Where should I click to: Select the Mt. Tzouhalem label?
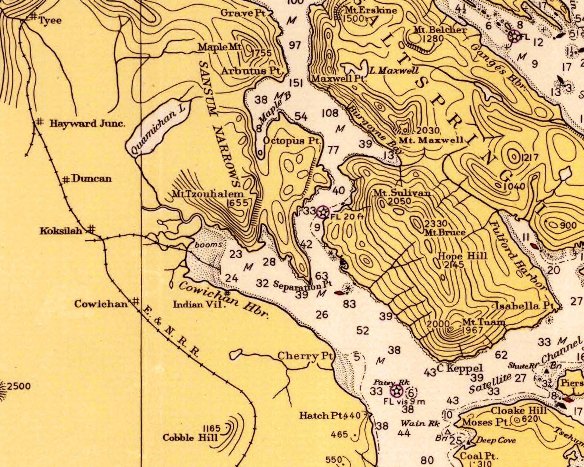(x=208, y=194)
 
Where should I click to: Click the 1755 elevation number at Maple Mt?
(x=261, y=53)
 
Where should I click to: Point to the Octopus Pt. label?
(x=292, y=141)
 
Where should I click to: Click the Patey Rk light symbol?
(x=397, y=391)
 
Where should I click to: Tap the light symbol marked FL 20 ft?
(x=323, y=212)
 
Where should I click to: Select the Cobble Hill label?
(x=190, y=438)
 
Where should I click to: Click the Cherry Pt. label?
(x=305, y=356)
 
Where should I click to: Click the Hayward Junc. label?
(x=88, y=123)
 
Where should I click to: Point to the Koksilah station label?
(x=61, y=231)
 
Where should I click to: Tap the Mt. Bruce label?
(x=445, y=232)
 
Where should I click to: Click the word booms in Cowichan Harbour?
(x=209, y=244)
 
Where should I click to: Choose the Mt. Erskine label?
(x=371, y=10)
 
